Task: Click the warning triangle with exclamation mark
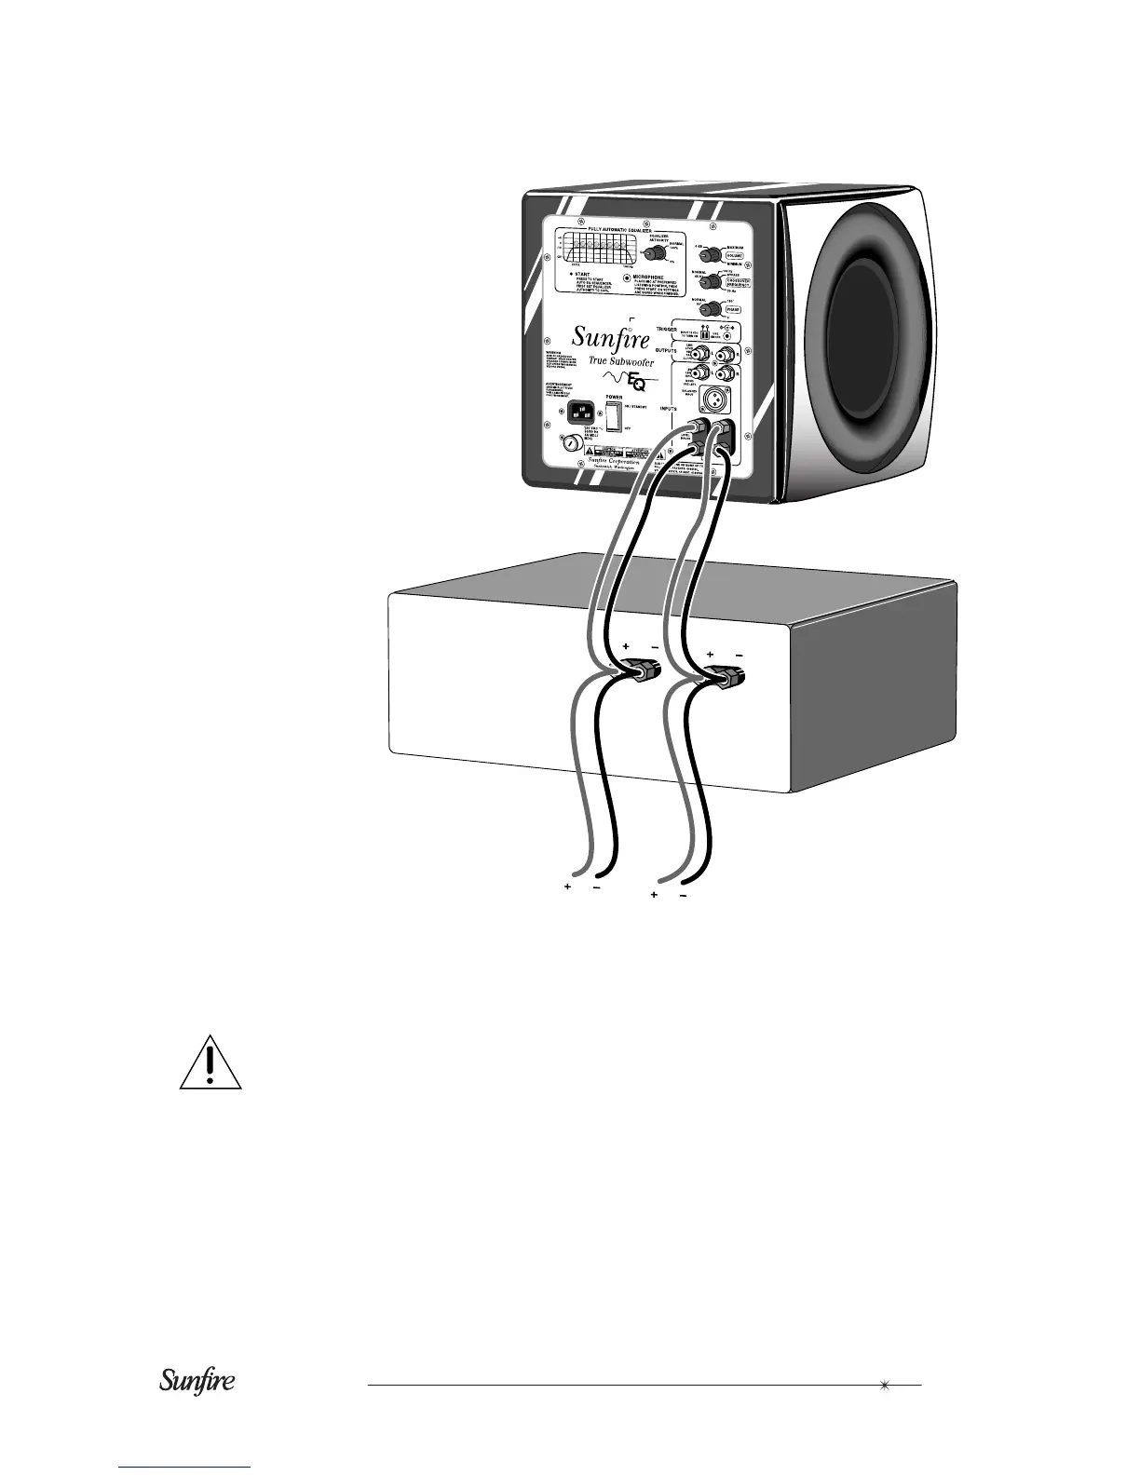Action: click(210, 1063)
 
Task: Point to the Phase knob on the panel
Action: click(712, 308)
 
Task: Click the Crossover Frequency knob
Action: click(712, 281)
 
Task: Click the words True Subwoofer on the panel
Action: click(620, 361)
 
